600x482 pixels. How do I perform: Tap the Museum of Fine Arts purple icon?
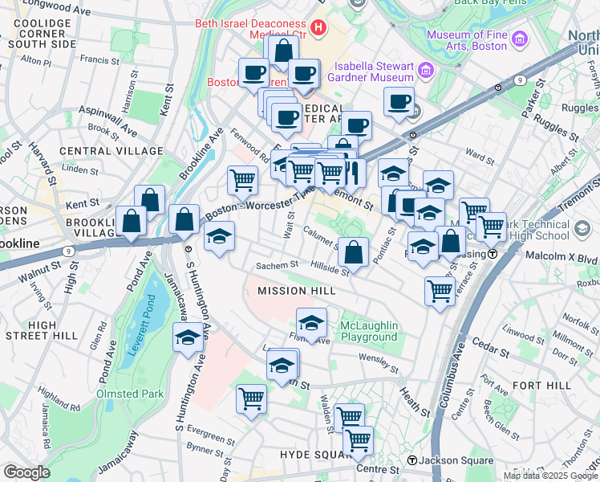(x=519, y=39)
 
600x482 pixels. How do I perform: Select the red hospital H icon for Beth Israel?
(x=319, y=29)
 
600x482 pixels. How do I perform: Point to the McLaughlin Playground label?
(x=369, y=331)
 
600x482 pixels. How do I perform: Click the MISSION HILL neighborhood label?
(x=293, y=290)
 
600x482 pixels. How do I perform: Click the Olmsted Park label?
(x=130, y=394)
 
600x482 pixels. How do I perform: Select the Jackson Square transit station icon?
(x=412, y=460)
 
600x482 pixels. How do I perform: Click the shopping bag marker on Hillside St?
(x=353, y=253)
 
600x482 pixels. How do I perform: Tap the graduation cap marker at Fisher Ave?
(x=311, y=324)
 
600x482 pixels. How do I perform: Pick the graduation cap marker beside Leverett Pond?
(x=188, y=338)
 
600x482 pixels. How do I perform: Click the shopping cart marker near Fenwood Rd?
(x=242, y=181)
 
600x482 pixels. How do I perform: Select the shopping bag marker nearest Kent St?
(x=150, y=201)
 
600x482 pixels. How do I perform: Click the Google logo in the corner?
(x=26, y=472)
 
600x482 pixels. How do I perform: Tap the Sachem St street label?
(x=277, y=265)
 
